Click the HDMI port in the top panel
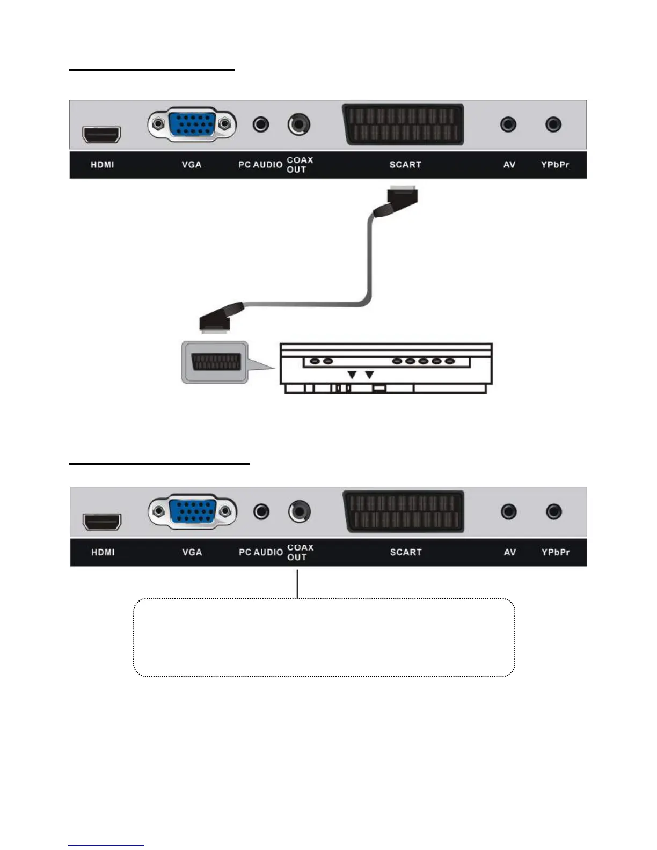click(x=101, y=134)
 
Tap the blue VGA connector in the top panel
click(x=192, y=124)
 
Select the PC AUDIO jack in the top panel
click(x=261, y=124)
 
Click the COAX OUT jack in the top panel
click(x=298, y=124)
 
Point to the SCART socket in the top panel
click(x=403, y=124)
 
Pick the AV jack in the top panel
click(x=508, y=124)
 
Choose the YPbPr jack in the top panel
click(x=553, y=124)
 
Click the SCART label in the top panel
click(x=405, y=165)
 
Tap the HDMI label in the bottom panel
click(x=103, y=552)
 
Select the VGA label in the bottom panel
click(x=192, y=552)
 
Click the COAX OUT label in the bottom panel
click(x=300, y=552)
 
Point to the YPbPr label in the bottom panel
click(x=555, y=552)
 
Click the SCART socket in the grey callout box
click(x=215, y=362)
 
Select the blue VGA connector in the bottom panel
click(x=192, y=511)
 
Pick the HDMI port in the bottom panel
click(x=101, y=522)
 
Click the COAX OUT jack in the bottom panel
click(x=299, y=511)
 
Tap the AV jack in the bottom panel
click(x=508, y=511)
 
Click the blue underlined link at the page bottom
click(x=106, y=845)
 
